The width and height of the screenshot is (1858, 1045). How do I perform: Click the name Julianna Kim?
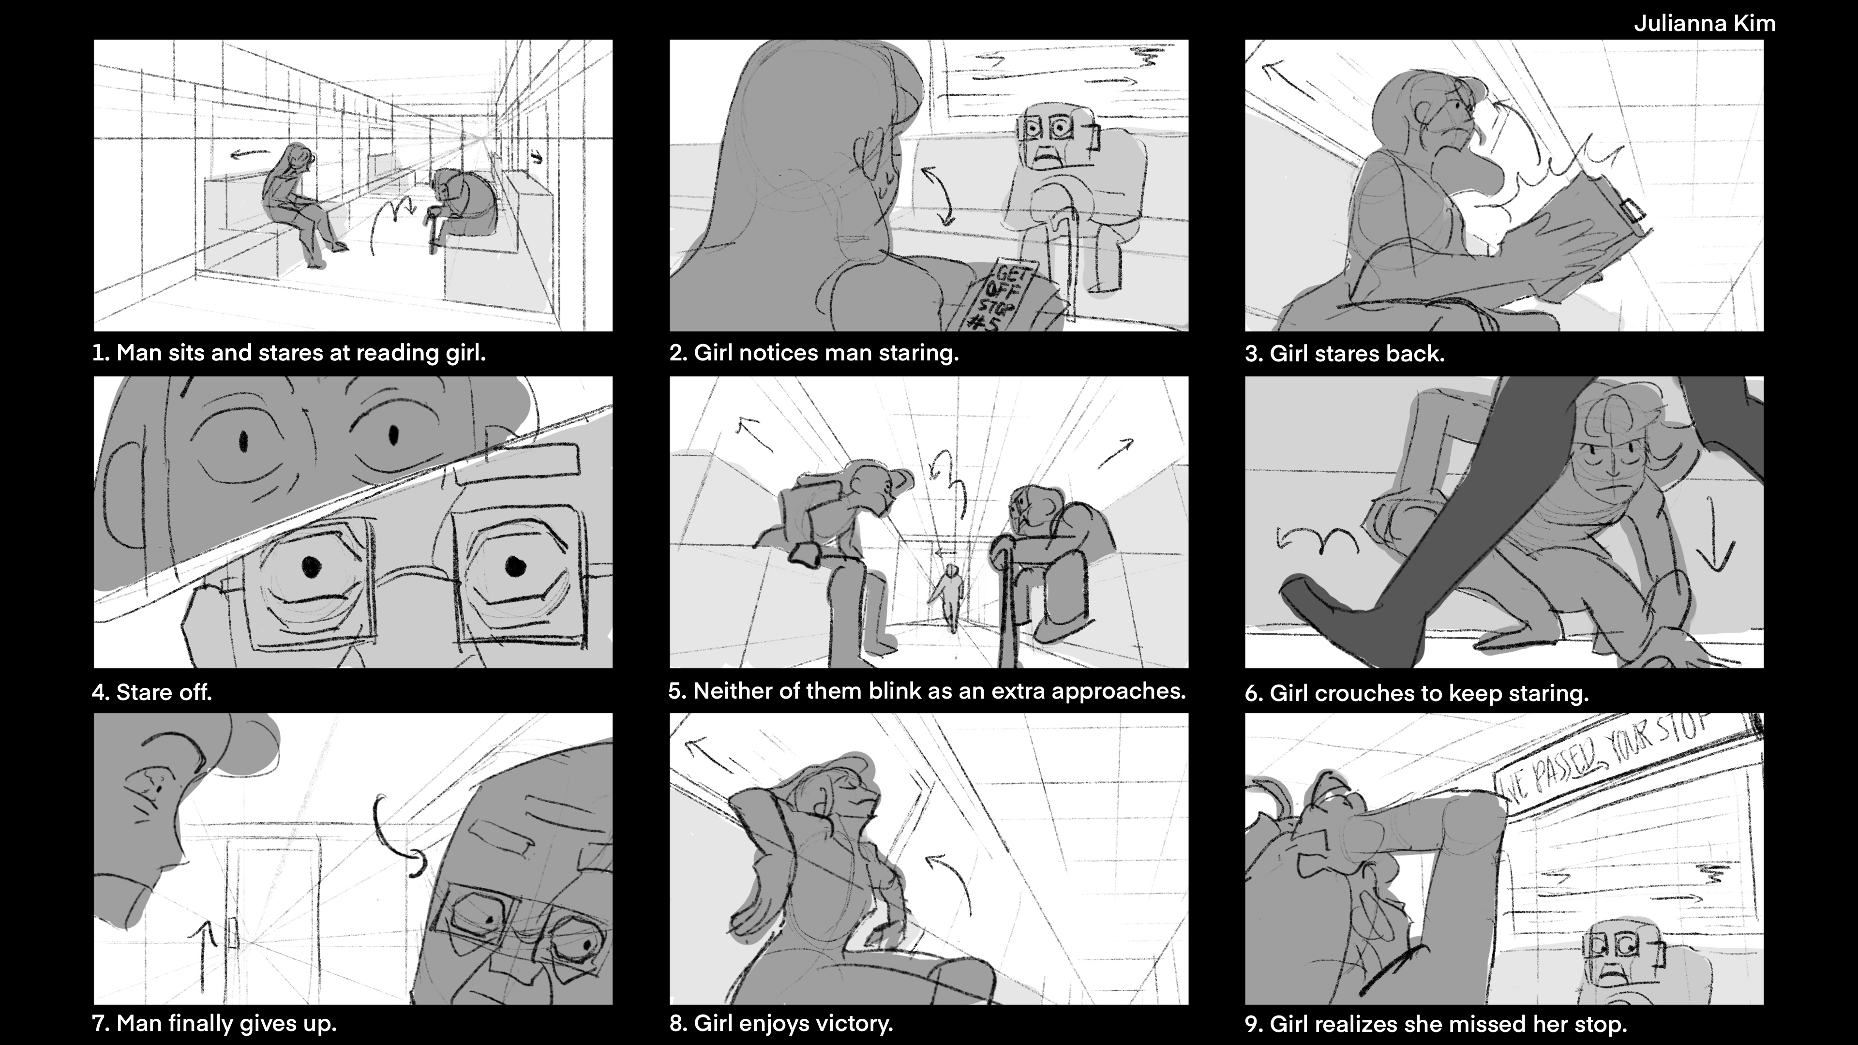point(1704,24)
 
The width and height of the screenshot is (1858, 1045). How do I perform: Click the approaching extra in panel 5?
point(949,596)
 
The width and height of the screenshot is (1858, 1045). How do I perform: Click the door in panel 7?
point(274,916)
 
